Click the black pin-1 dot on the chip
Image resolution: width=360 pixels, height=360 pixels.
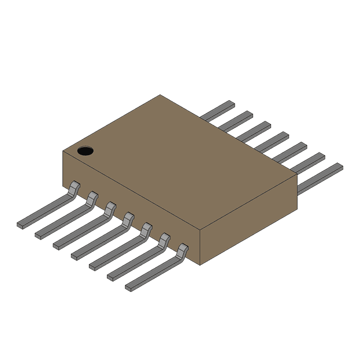click(85, 151)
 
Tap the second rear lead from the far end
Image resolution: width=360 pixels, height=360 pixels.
click(236, 120)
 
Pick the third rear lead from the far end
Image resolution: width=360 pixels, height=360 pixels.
click(254, 130)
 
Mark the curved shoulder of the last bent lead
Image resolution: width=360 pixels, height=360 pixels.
click(182, 251)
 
